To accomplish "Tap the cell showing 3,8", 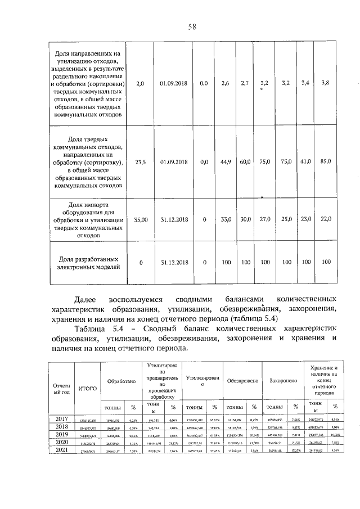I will pos(325,83).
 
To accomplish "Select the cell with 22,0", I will pos(325,220).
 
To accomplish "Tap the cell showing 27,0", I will pos(265,220).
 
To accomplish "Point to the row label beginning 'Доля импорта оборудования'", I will pos(89,220).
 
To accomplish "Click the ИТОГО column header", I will pos(87,388).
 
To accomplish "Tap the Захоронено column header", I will pos(282,381).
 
